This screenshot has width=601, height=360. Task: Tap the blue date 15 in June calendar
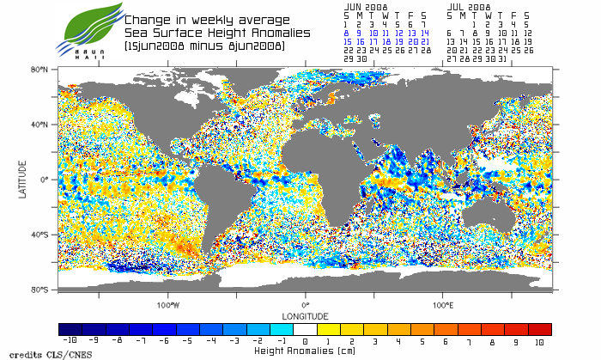(x=348, y=41)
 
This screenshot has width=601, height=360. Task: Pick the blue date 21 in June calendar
(x=426, y=41)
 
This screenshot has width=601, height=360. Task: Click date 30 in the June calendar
(x=361, y=59)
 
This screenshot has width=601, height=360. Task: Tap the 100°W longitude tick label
(x=168, y=304)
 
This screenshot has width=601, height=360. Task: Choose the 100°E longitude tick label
(x=442, y=304)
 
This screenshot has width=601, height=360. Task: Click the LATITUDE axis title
(x=23, y=180)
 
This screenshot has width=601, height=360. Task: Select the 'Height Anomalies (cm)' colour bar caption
(x=305, y=351)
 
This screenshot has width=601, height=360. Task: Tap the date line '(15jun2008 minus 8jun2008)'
(x=204, y=45)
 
